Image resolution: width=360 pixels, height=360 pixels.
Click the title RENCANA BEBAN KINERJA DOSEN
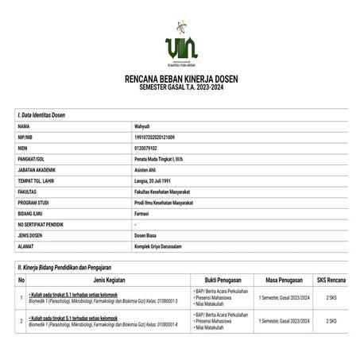[x=180, y=79]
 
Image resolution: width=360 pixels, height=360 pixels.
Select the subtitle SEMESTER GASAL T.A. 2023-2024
[x=180, y=88]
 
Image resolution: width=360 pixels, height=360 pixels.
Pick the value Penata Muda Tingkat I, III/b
[x=166, y=159]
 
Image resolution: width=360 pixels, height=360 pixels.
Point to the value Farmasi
[x=146, y=214]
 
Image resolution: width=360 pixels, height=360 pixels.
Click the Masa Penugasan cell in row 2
[x=284, y=321]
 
